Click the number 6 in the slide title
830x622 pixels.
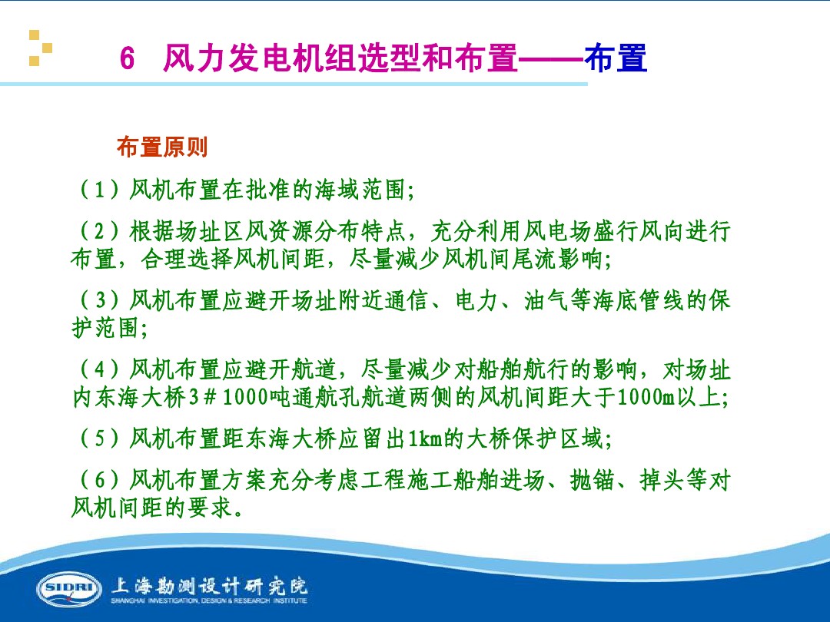pos(128,60)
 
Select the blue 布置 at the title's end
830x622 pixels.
pos(616,59)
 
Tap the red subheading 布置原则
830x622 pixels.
pos(162,147)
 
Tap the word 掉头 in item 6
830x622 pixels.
pos(661,481)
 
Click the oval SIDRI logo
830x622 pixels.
pos(68,588)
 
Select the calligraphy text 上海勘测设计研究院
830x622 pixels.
pos(209,585)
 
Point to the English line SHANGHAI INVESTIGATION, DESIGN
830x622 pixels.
pos(208,601)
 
